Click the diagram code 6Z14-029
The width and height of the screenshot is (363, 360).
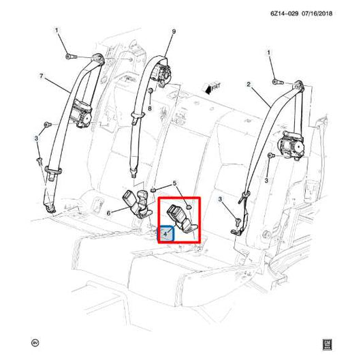pyautogui.click(x=284, y=14)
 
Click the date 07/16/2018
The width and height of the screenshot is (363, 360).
pyautogui.click(x=317, y=14)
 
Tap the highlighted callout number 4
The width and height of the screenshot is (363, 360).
pyautogui.click(x=165, y=234)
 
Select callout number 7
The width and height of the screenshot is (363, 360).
pyautogui.click(x=42, y=76)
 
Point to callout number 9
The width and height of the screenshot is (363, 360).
pyautogui.click(x=174, y=31)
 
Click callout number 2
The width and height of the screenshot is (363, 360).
pyautogui.click(x=249, y=84)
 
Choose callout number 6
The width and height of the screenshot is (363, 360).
pyautogui.click(x=108, y=213)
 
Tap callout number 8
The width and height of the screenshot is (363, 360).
pyautogui.click(x=150, y=108)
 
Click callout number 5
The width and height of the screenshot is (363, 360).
pyautogui.click(x=174, y=183)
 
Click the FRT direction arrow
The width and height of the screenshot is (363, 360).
pyautogui.click(x=212, y=88)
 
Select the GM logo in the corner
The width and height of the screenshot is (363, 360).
pyautogui.click(x=328, y=345)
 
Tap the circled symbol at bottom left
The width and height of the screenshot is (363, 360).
pyautogui.click(x=35, y=343)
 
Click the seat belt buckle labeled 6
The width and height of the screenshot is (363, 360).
pyautogui.click(x=137, y=203)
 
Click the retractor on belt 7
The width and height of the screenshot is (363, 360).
pyautogui.click(x=81, y=114)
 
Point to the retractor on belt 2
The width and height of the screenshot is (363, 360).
pyautogui.click(x=291, y=145)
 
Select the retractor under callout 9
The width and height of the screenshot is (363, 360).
pyautogui.click(x=162, y=74)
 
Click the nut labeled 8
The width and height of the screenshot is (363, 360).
pyautogui.click(x=150, y=91)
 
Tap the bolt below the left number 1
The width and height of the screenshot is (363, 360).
pyautogui.click(x=71, y=57)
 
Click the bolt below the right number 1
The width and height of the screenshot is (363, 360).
pyautogui.click(x=278, y=82)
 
